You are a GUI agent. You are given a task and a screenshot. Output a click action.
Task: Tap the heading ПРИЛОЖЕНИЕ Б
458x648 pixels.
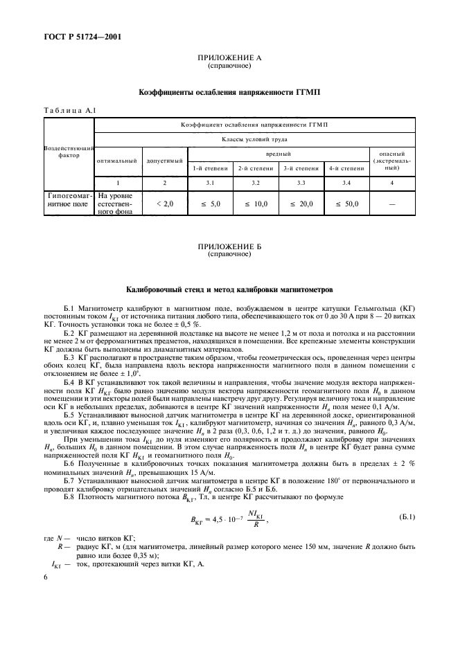229,246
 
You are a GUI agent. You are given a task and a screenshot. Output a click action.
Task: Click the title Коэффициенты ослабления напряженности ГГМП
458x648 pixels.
229,91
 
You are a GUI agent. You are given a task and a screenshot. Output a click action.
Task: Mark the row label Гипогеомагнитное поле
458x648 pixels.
69,201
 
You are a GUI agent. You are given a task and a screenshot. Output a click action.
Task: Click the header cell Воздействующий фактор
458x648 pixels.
69,152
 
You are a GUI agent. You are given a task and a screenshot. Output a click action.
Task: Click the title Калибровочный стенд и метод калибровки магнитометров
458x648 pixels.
229,288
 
